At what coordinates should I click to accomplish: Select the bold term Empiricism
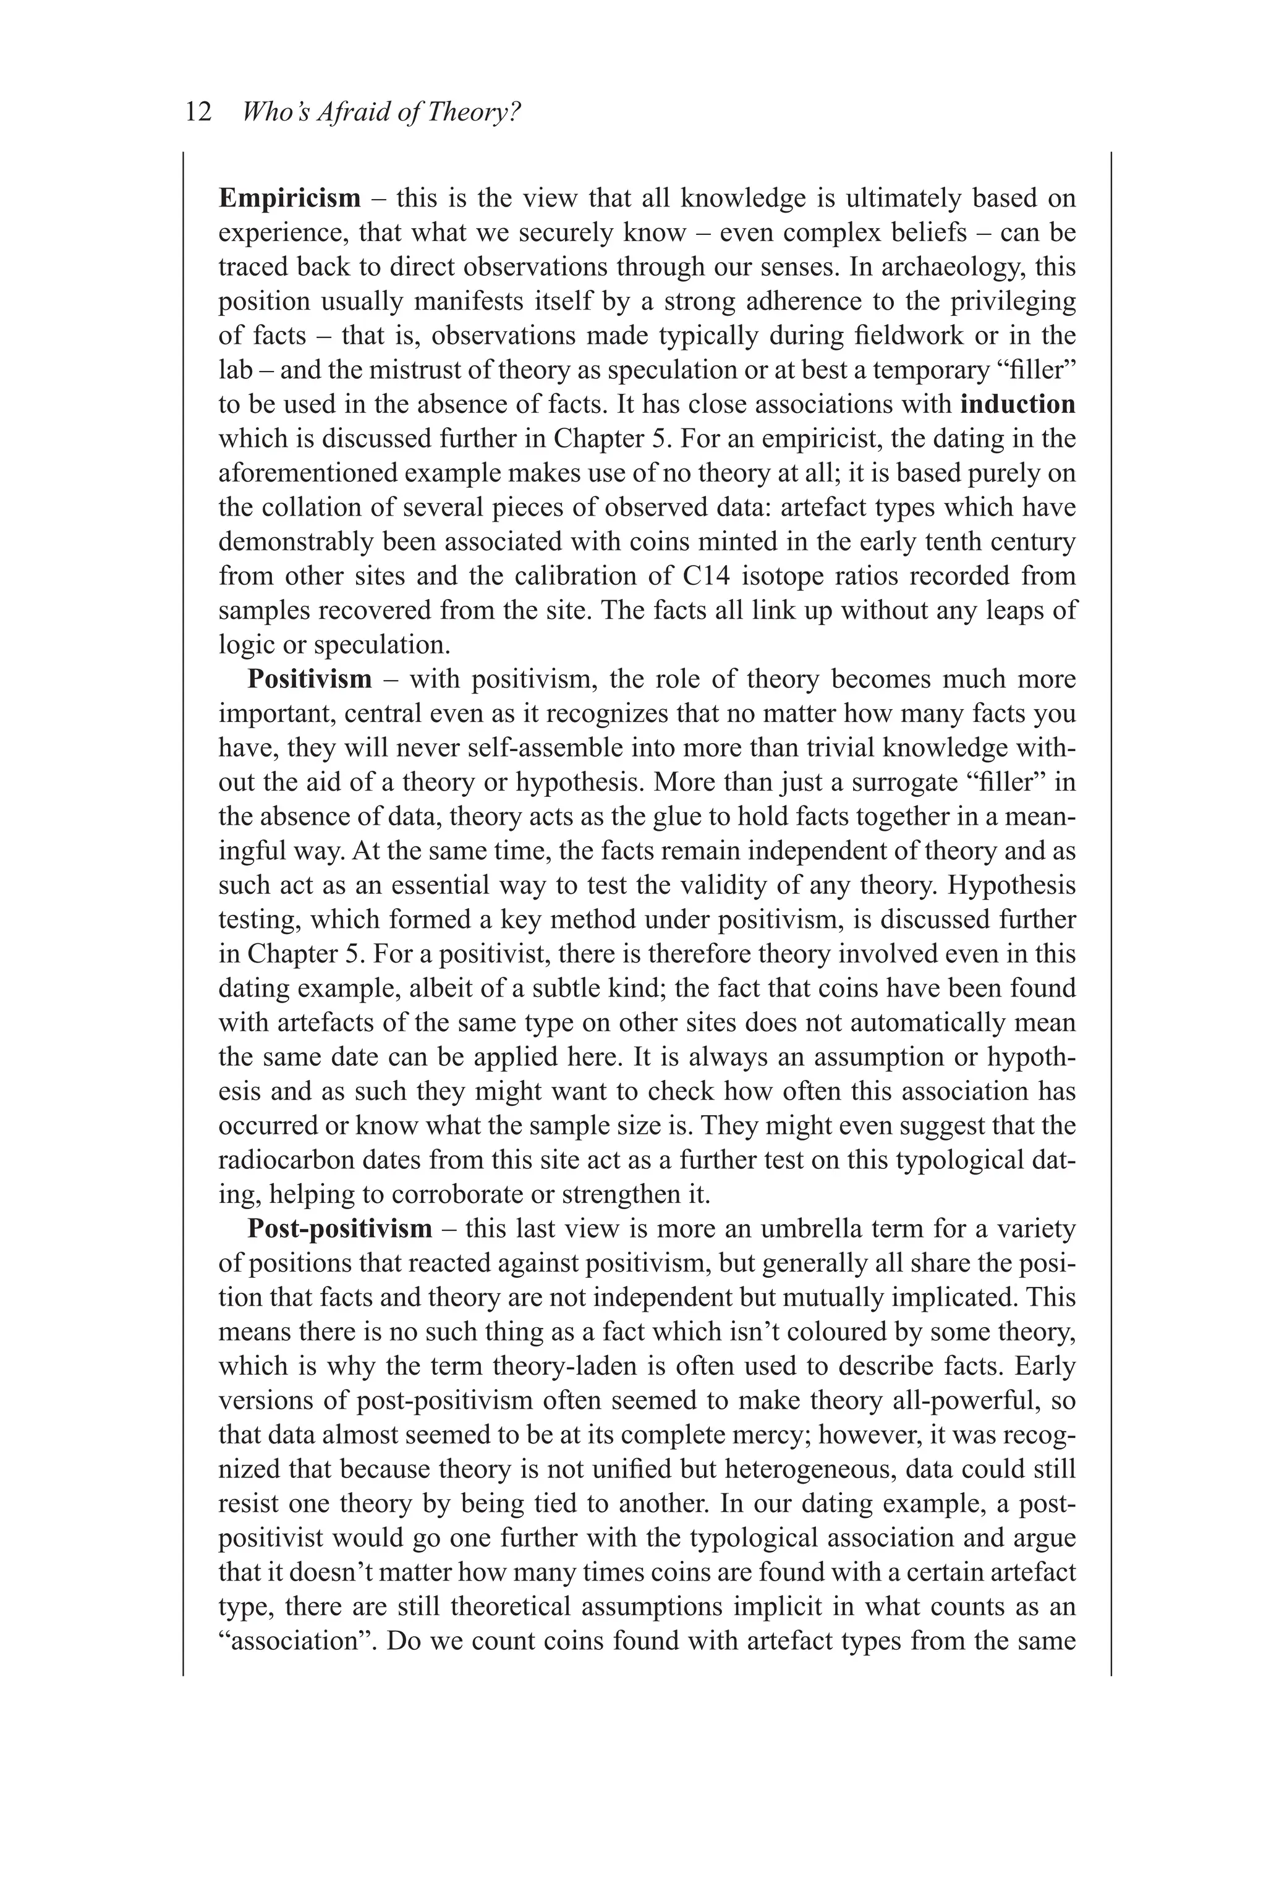pos(290,198)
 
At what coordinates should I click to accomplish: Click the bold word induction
pos(1019,404)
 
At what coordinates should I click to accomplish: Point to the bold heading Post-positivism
pos(340,1228)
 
